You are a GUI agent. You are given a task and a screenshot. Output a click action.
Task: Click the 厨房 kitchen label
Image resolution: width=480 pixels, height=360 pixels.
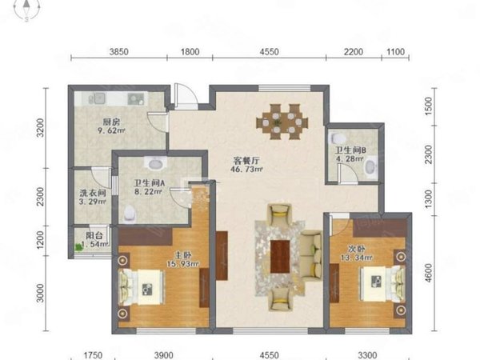click(x=110, y=122)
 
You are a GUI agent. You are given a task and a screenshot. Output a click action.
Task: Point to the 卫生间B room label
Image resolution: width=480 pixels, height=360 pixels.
click(x=352, y=149)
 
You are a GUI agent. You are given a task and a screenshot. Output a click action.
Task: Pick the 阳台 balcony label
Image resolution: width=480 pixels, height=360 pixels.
click(x=93, y=235)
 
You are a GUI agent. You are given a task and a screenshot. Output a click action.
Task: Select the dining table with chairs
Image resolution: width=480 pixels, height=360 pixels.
click(x=282, y=122)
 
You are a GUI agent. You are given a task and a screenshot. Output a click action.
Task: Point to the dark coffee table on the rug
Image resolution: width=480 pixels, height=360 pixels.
click(x=281, y=255)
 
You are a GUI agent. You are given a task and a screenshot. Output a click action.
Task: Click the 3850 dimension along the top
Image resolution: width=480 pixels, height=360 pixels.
click(x=118, y=51)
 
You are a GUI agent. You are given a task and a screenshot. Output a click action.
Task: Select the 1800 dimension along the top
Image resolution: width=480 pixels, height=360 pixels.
click(x=190, y=51)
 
